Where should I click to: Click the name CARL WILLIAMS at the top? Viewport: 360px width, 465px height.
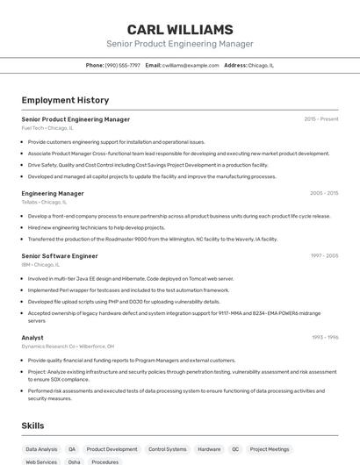tap(179, 29)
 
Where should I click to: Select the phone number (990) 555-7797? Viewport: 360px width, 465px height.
tap(122, 65)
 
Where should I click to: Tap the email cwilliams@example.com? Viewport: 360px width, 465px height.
tap(190, 65)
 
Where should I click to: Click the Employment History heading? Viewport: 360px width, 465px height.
tap(65, 100)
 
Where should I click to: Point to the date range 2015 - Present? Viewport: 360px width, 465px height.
tap(320, 119)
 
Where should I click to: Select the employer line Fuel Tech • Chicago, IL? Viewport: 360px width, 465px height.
tap(47, 128)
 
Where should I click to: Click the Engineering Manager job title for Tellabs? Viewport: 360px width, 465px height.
tap(53, 193)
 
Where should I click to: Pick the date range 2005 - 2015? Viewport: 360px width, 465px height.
tap(323, 193)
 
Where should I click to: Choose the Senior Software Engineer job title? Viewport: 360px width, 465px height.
tap(60, 255)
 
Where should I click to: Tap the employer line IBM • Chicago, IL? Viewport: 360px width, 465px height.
tap(40, 264)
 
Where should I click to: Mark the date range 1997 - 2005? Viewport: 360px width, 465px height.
tap(323, 255)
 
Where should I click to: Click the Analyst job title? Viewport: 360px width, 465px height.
tap(32, 337)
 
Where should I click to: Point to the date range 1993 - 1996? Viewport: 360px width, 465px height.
tap(324, 337)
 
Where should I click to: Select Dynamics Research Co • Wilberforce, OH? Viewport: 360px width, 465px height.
tap(68, 346)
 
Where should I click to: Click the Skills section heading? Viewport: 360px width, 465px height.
tap(33, 426)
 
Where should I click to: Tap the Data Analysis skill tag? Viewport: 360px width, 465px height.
tap(41, 449)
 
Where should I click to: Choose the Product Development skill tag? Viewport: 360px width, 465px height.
tap(112, 449)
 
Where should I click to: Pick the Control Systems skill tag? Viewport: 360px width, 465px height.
tap(168, 449)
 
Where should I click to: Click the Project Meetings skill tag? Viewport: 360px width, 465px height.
tap(270, 449)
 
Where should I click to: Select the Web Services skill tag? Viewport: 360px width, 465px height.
tap(41, 461)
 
